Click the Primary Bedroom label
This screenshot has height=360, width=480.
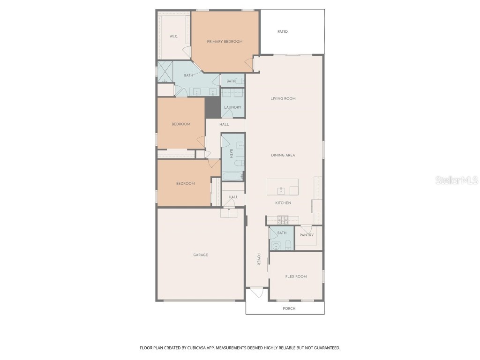click(225, 42)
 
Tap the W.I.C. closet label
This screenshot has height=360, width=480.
click(173, 36)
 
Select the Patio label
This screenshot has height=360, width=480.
click(282, 31)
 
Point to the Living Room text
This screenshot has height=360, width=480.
click(283, 98)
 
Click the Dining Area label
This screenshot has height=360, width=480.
click(283, 155)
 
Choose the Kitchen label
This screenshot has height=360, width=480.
click(283, 203)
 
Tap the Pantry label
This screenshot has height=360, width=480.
click(307, 235)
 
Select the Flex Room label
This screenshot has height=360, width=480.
click(296, 277)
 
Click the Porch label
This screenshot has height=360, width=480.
click(289, 308)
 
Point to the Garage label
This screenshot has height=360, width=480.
click(201, 255)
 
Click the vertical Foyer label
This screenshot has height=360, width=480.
click(258, 260)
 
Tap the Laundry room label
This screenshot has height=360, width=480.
click(232, 107)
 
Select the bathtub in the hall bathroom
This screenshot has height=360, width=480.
click(232, 176)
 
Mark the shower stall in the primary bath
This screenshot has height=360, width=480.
click(165, 72)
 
